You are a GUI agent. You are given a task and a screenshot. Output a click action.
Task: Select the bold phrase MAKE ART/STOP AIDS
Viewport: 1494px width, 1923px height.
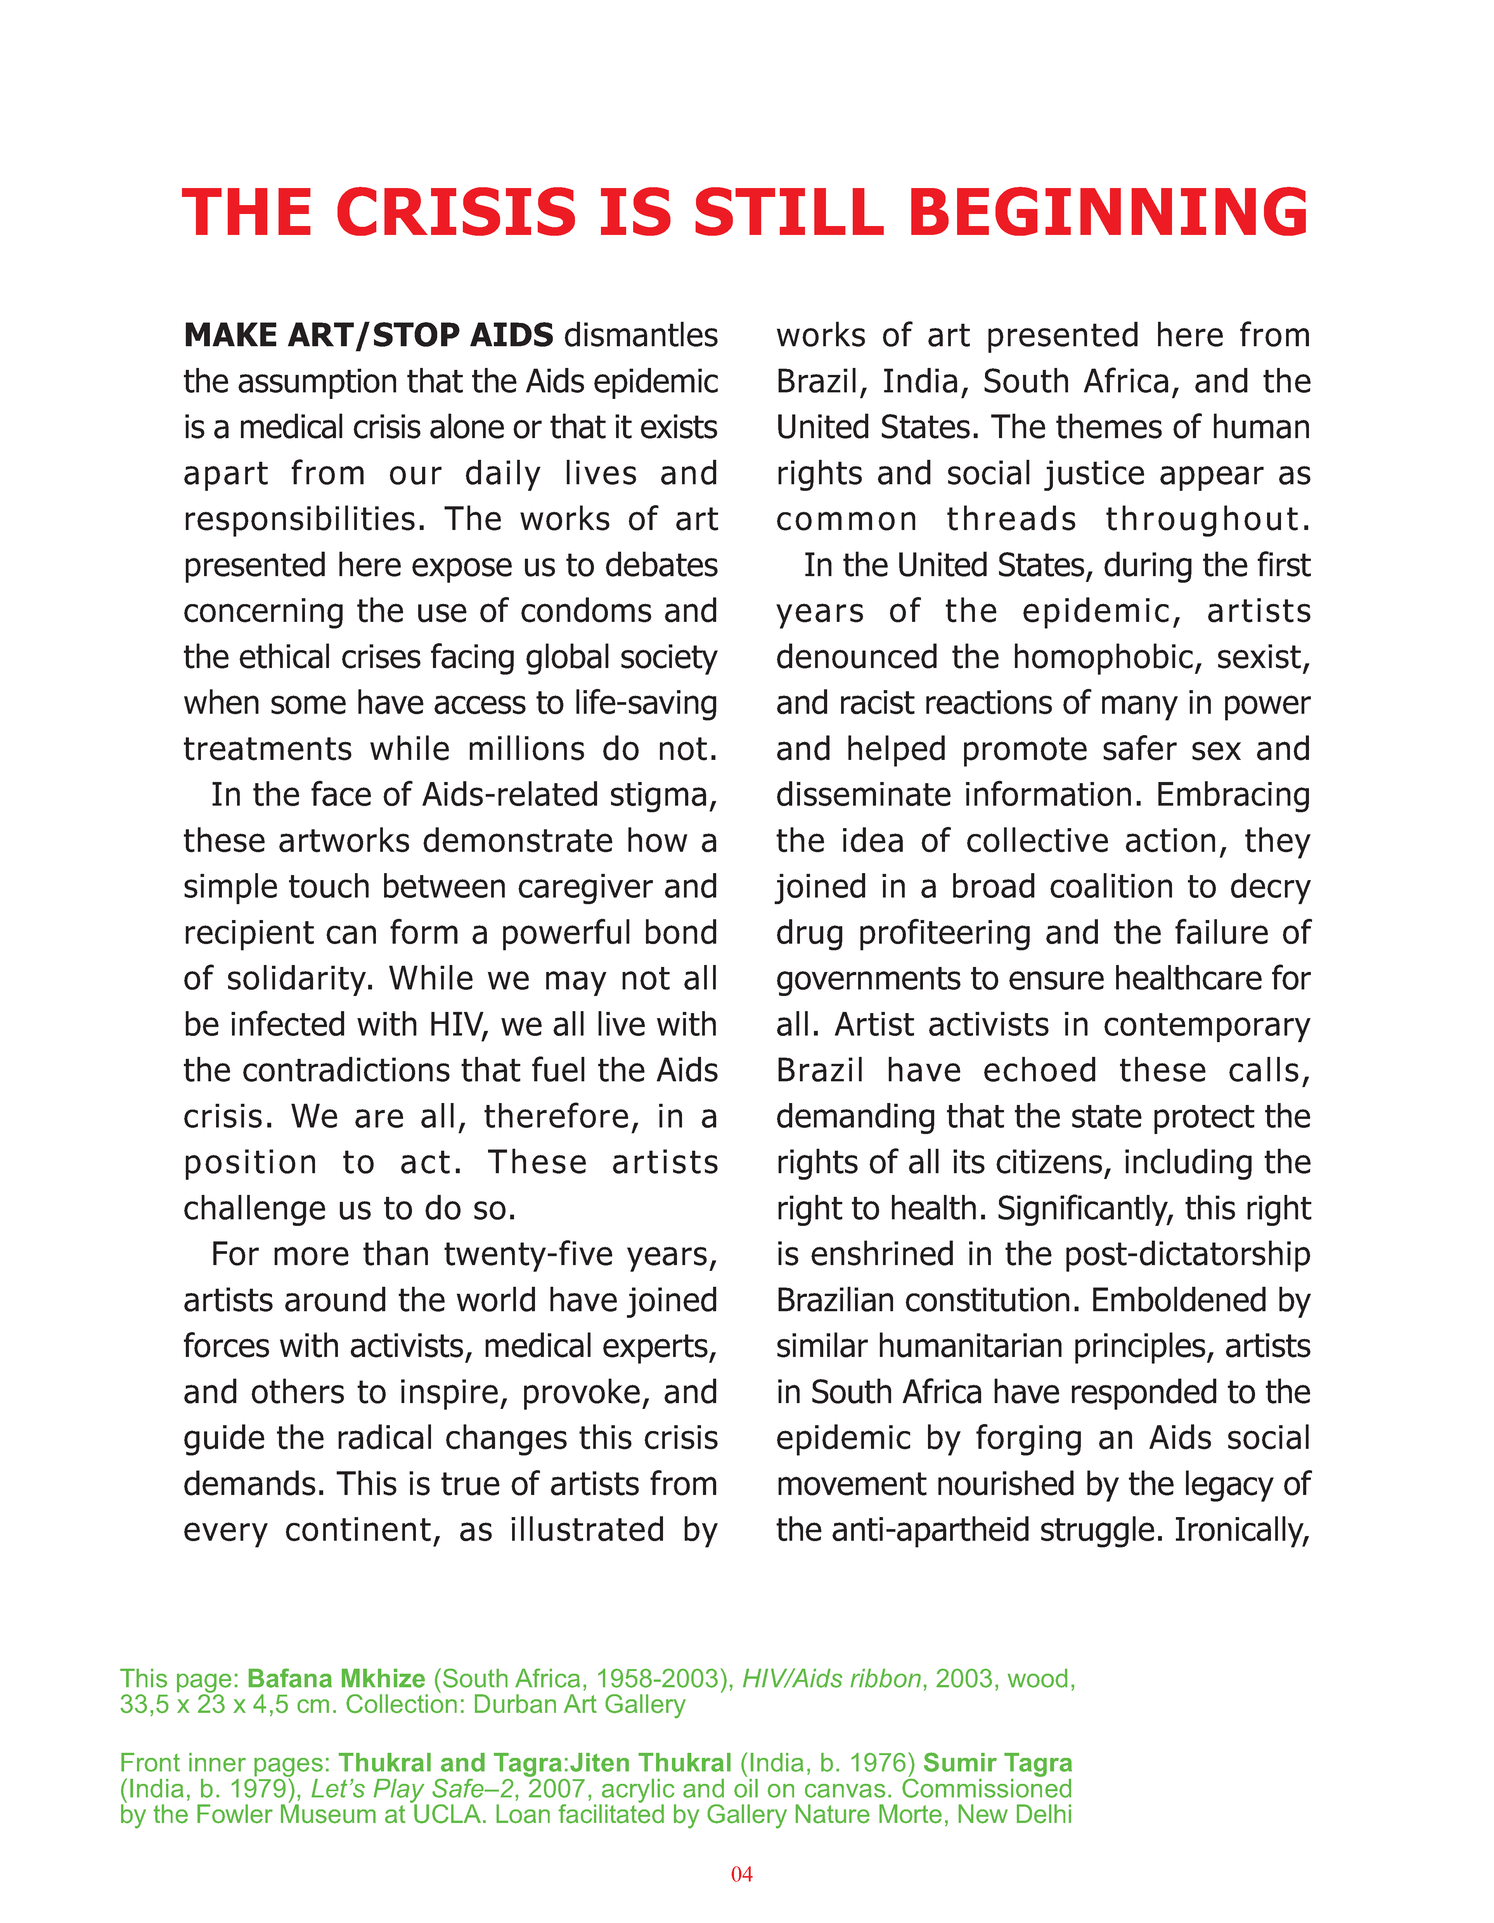pyautogui.click(x=368, y=335)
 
